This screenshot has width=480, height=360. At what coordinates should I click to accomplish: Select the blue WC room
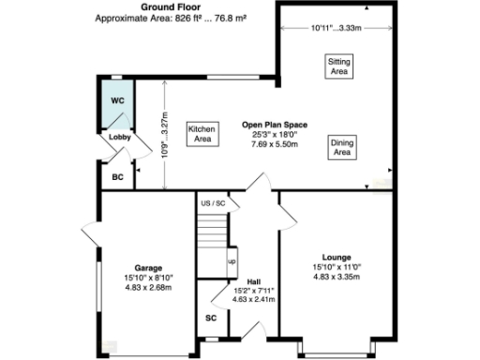click(117, 105)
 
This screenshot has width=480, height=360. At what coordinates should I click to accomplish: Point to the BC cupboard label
click(117, 175)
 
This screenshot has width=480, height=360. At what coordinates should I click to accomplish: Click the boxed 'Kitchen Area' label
click(202, 134)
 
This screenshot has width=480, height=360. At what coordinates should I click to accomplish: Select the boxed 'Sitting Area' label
click(338, 66)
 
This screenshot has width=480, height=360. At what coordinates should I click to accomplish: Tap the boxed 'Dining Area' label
click(341, 147)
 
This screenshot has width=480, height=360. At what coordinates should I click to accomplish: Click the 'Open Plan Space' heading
click(271, 124)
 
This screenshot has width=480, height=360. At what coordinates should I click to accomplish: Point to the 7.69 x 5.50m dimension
click(271, 145)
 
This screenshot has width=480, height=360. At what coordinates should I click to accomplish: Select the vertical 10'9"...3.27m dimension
click(165, 133)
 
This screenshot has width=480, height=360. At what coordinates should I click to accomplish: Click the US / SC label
click(213, 202)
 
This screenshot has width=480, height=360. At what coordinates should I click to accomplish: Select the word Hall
click(253, 280)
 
